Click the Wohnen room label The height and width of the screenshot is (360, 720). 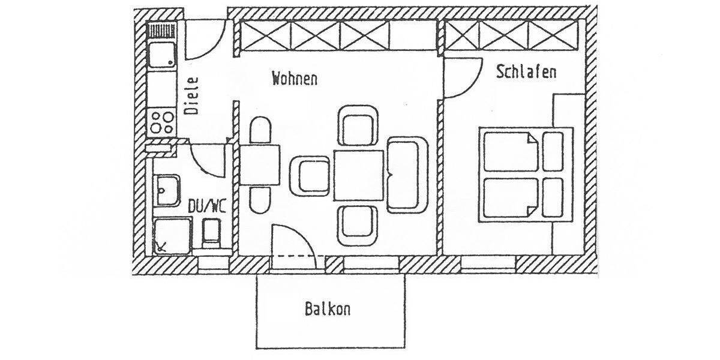(x=294, y=79)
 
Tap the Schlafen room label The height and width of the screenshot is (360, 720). (x=526, y=72)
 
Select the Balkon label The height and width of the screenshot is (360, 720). (x=327, y=310)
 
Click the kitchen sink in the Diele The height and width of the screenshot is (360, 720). (x=161, y=55)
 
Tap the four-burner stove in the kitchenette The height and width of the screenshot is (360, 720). (x=161, y=121)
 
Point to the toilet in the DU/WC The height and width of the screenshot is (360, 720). (x=211, y=233)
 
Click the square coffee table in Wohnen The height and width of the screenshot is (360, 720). (x=359, y=175)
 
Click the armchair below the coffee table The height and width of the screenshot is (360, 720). (x=358, y=225)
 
